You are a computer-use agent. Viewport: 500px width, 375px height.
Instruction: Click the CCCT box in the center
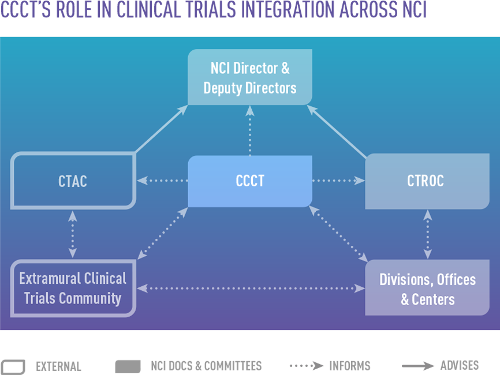(x=250, y=181)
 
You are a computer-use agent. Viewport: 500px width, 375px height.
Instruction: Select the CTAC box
(x=73, y=181)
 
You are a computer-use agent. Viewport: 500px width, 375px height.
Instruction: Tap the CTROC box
(x=426, y=181)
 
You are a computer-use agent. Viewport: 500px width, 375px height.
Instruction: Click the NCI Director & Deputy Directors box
(x=250, y=78)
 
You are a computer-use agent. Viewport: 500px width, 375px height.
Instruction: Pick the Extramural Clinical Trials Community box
(x=73, y=288)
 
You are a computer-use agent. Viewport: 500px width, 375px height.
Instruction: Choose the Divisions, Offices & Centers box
(x=427, y=288)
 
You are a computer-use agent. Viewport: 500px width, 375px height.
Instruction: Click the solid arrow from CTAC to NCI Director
(x=161, y=129)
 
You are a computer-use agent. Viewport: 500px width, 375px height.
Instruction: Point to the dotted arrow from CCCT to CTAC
(x=163, y=181)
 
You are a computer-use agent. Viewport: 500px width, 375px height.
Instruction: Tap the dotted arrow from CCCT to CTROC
(x=338, y=181)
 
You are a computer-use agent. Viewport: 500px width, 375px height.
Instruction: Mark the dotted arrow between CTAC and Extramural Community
(x=73, y=234)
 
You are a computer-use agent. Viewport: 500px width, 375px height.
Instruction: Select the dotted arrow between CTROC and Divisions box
(x=427, y=234)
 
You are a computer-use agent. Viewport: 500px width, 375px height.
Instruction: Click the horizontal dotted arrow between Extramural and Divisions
(x=250, y=287)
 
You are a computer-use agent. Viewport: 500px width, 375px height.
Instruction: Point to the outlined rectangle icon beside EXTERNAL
(x=13, y=366)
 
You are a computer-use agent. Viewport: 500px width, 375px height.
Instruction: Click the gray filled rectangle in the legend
(x=128, y=366)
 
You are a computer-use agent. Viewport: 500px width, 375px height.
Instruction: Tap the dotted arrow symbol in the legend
(x=306, y=366)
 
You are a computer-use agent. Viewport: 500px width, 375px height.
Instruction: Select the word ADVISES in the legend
(x=460, y=365)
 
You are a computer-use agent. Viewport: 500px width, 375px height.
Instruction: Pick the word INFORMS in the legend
(x=350, y=366)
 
